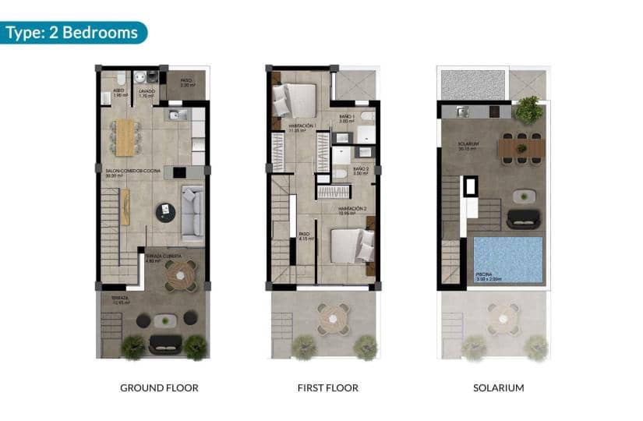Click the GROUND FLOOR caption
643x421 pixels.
coord(159,387)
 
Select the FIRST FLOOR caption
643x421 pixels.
coord(327,387)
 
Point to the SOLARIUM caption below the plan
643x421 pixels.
coord(498,387)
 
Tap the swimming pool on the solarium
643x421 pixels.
coord(507,256)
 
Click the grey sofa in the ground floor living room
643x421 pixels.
coord(193,211)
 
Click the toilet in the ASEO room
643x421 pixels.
coord(118,80)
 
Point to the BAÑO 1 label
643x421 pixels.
coord(347,117)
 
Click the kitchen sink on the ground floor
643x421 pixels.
coord(175,116)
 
